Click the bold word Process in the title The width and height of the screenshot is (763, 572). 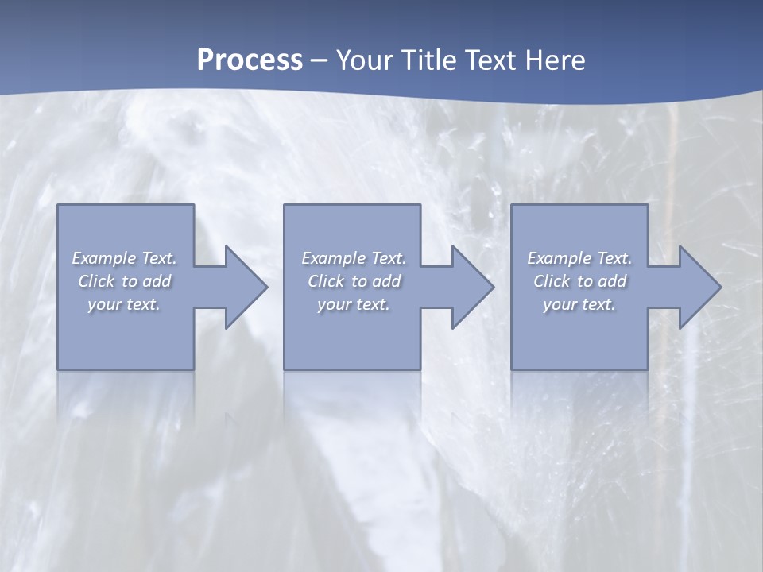[x=250, y=60]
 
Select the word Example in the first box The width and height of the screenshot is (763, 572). [x=104, y=258]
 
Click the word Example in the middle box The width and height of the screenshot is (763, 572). [x=333, y=258]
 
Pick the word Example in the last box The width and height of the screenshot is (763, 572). [x=559, y=258]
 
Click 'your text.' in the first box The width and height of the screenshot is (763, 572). [x=124, y=304]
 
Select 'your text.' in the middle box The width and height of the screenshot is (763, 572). [x=353, y=304]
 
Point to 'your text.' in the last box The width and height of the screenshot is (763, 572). [x=579, y=304]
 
